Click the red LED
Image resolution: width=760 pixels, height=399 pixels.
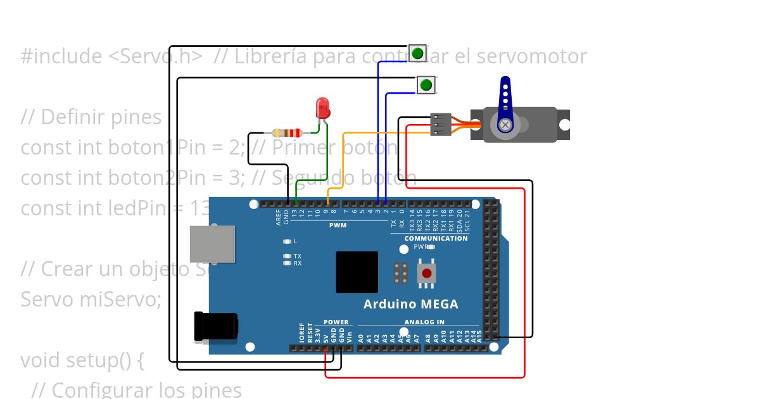(323, 108)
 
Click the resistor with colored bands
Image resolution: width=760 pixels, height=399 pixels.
(287, 133)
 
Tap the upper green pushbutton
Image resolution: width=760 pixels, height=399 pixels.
(417, 53)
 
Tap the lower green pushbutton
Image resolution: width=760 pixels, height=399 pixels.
(426, 84)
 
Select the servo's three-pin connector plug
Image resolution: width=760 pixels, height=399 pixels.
(441, 124)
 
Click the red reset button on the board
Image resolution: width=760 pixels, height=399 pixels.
(427, 274)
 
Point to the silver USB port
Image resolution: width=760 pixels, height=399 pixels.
(213, 244)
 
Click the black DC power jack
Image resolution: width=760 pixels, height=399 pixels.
(215, 326)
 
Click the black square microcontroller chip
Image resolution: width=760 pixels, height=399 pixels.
(357, 272)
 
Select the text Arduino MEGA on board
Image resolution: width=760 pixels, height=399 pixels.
(410, 304)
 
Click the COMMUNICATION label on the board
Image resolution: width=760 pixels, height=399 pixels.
(436, 238)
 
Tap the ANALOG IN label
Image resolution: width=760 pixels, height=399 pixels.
(424, 322)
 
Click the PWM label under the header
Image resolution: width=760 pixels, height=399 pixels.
(338, 225)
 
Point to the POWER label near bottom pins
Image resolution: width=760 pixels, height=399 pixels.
(336, 322)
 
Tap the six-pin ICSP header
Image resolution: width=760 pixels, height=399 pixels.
(400, 273)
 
